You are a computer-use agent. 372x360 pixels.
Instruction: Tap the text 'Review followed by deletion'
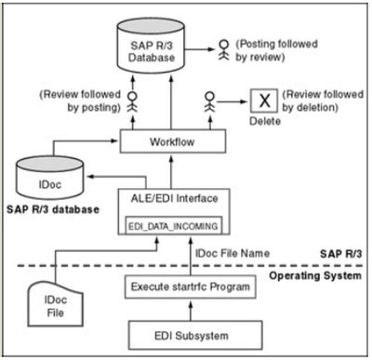tap(322, 100)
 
